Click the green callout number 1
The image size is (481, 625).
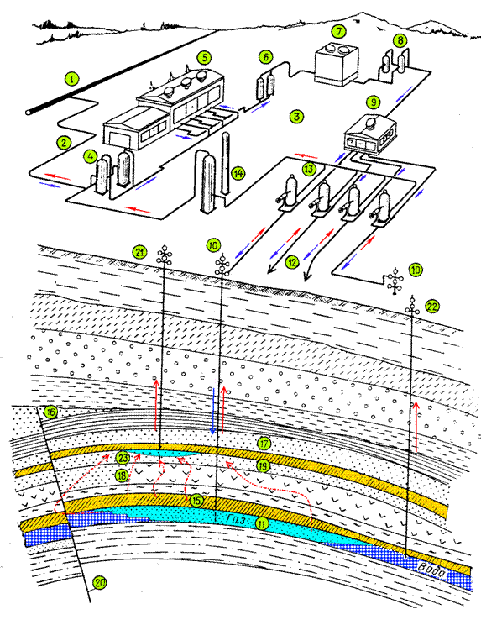pos(71,78)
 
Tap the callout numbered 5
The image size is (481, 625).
pos(204,58)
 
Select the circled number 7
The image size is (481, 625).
pos(339,31)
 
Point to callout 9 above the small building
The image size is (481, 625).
pos(373,102)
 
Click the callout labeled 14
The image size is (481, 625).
pos(238,173)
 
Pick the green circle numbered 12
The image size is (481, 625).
pos(292,262)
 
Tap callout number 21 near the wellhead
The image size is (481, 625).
pos(139,252)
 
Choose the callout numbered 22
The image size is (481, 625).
pos(432,306)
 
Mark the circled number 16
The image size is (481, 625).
pos(50,412)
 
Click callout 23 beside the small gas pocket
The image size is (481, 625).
pos(123,458)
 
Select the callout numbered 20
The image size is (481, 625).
pos(100,583)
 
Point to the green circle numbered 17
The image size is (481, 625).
pos(264,444)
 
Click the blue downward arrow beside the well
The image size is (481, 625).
pos(213,411)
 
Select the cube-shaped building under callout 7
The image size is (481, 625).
pos(337,66)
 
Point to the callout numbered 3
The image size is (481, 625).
pos(296,117)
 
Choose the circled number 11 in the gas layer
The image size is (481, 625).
pos(262,523)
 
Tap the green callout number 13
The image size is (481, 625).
pos(309,169)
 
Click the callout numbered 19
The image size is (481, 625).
pos(263,465)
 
